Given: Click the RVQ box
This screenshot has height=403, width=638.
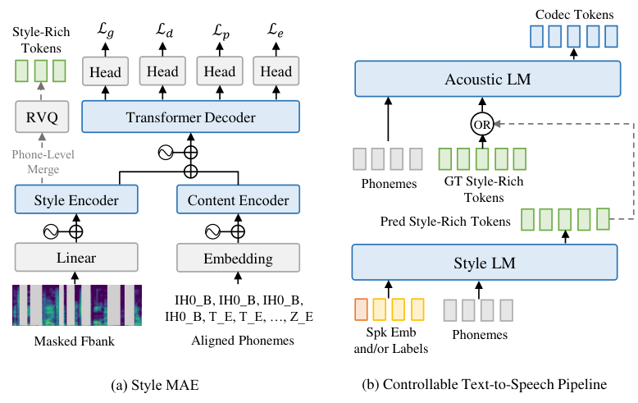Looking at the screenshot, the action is (42, 117).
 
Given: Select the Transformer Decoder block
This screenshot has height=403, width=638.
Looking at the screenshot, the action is (190, 117).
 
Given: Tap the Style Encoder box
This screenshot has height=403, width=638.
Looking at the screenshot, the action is (76, 199).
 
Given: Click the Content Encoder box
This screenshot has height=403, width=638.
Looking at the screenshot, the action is (238, 199).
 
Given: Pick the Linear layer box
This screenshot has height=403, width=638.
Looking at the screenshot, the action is (76, 257).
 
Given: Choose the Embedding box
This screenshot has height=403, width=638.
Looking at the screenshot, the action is (238, 258).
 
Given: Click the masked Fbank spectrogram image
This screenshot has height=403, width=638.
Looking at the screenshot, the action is (77, 305).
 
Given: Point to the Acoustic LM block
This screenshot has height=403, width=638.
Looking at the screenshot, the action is (488, 79).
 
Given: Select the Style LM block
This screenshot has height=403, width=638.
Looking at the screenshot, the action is (485, 262).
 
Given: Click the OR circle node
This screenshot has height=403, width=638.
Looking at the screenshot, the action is (482, 125).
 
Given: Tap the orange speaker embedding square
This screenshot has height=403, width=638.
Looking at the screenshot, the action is (361, 309).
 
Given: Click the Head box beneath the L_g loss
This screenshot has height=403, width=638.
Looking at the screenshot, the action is (106, 71).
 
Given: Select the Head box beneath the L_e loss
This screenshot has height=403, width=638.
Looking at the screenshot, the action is (276, 71).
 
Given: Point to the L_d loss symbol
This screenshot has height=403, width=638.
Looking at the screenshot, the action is (164, 30).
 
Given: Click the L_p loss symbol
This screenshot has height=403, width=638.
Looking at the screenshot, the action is (221, 31).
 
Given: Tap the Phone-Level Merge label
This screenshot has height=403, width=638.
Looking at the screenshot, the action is (43, 162).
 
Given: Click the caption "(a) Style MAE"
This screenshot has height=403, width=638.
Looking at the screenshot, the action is (155, 385).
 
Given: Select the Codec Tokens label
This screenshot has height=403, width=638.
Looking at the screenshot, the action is (574, 15).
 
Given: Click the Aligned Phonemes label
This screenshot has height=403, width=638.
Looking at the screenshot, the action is (243, 341).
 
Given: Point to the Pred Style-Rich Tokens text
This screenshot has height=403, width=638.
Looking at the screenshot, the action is (445, 221).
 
